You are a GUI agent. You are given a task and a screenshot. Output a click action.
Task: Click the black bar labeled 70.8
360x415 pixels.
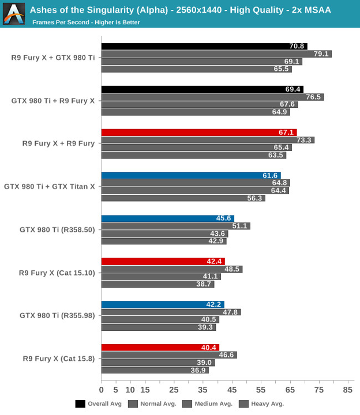(204, 46)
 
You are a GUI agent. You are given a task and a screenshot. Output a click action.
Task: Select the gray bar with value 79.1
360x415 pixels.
(216, 54)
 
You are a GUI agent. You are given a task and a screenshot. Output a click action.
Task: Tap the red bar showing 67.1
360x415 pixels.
(199, 133)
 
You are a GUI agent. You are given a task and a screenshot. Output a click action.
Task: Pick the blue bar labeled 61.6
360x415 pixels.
(191, 175)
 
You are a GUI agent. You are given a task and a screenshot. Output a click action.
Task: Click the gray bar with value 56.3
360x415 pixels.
(183, 198)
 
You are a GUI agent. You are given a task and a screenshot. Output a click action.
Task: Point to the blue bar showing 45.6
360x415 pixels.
(168, 218)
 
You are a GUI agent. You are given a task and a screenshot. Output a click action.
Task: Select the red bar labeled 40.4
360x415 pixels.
(160, 348)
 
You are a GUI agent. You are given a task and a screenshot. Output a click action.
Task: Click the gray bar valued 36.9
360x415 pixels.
(155, 370)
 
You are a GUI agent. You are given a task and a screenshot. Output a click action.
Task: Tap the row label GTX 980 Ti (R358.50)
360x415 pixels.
(57, 229)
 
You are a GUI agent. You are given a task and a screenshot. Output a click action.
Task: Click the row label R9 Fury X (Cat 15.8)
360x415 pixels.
(59, 359)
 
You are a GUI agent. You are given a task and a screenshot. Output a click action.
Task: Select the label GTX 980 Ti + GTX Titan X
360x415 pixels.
(50, 186)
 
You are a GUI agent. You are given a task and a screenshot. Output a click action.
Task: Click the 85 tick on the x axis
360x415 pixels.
(348, 390)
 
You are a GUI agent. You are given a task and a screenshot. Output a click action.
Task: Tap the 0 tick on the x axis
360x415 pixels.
(102, 390)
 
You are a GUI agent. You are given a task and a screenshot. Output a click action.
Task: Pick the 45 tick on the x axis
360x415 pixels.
(232, 390)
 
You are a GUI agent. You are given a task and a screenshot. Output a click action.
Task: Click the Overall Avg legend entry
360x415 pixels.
(99, 404)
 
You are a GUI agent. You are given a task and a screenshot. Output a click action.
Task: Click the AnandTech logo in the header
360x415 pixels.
(13, 14)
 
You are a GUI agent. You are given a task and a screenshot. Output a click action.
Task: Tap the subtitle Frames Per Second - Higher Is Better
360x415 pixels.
(86, 22)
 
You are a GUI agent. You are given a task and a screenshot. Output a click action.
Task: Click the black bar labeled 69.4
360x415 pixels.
(202, 89)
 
